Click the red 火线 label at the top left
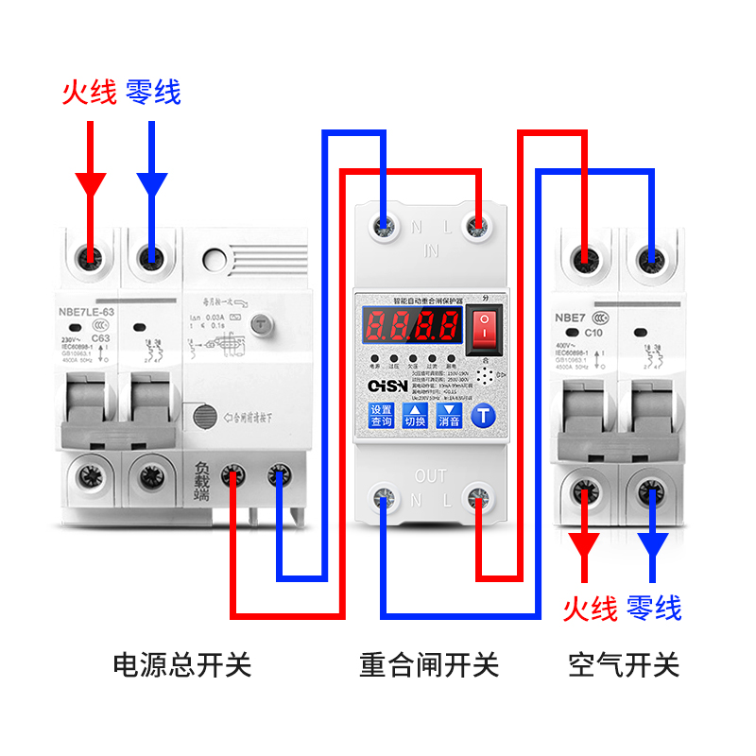(89, 92)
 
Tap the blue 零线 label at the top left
(152, 92)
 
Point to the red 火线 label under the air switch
(590, 609)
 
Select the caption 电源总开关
(182, 664)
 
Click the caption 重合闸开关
(429, 664)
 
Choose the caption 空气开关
(624, 664)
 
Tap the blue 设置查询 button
(382, 416)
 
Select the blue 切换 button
(416, 416)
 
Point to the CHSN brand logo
(387, 387)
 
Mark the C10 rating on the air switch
(593, 332)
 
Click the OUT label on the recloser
(430, 476)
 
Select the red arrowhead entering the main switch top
(91, 183)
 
